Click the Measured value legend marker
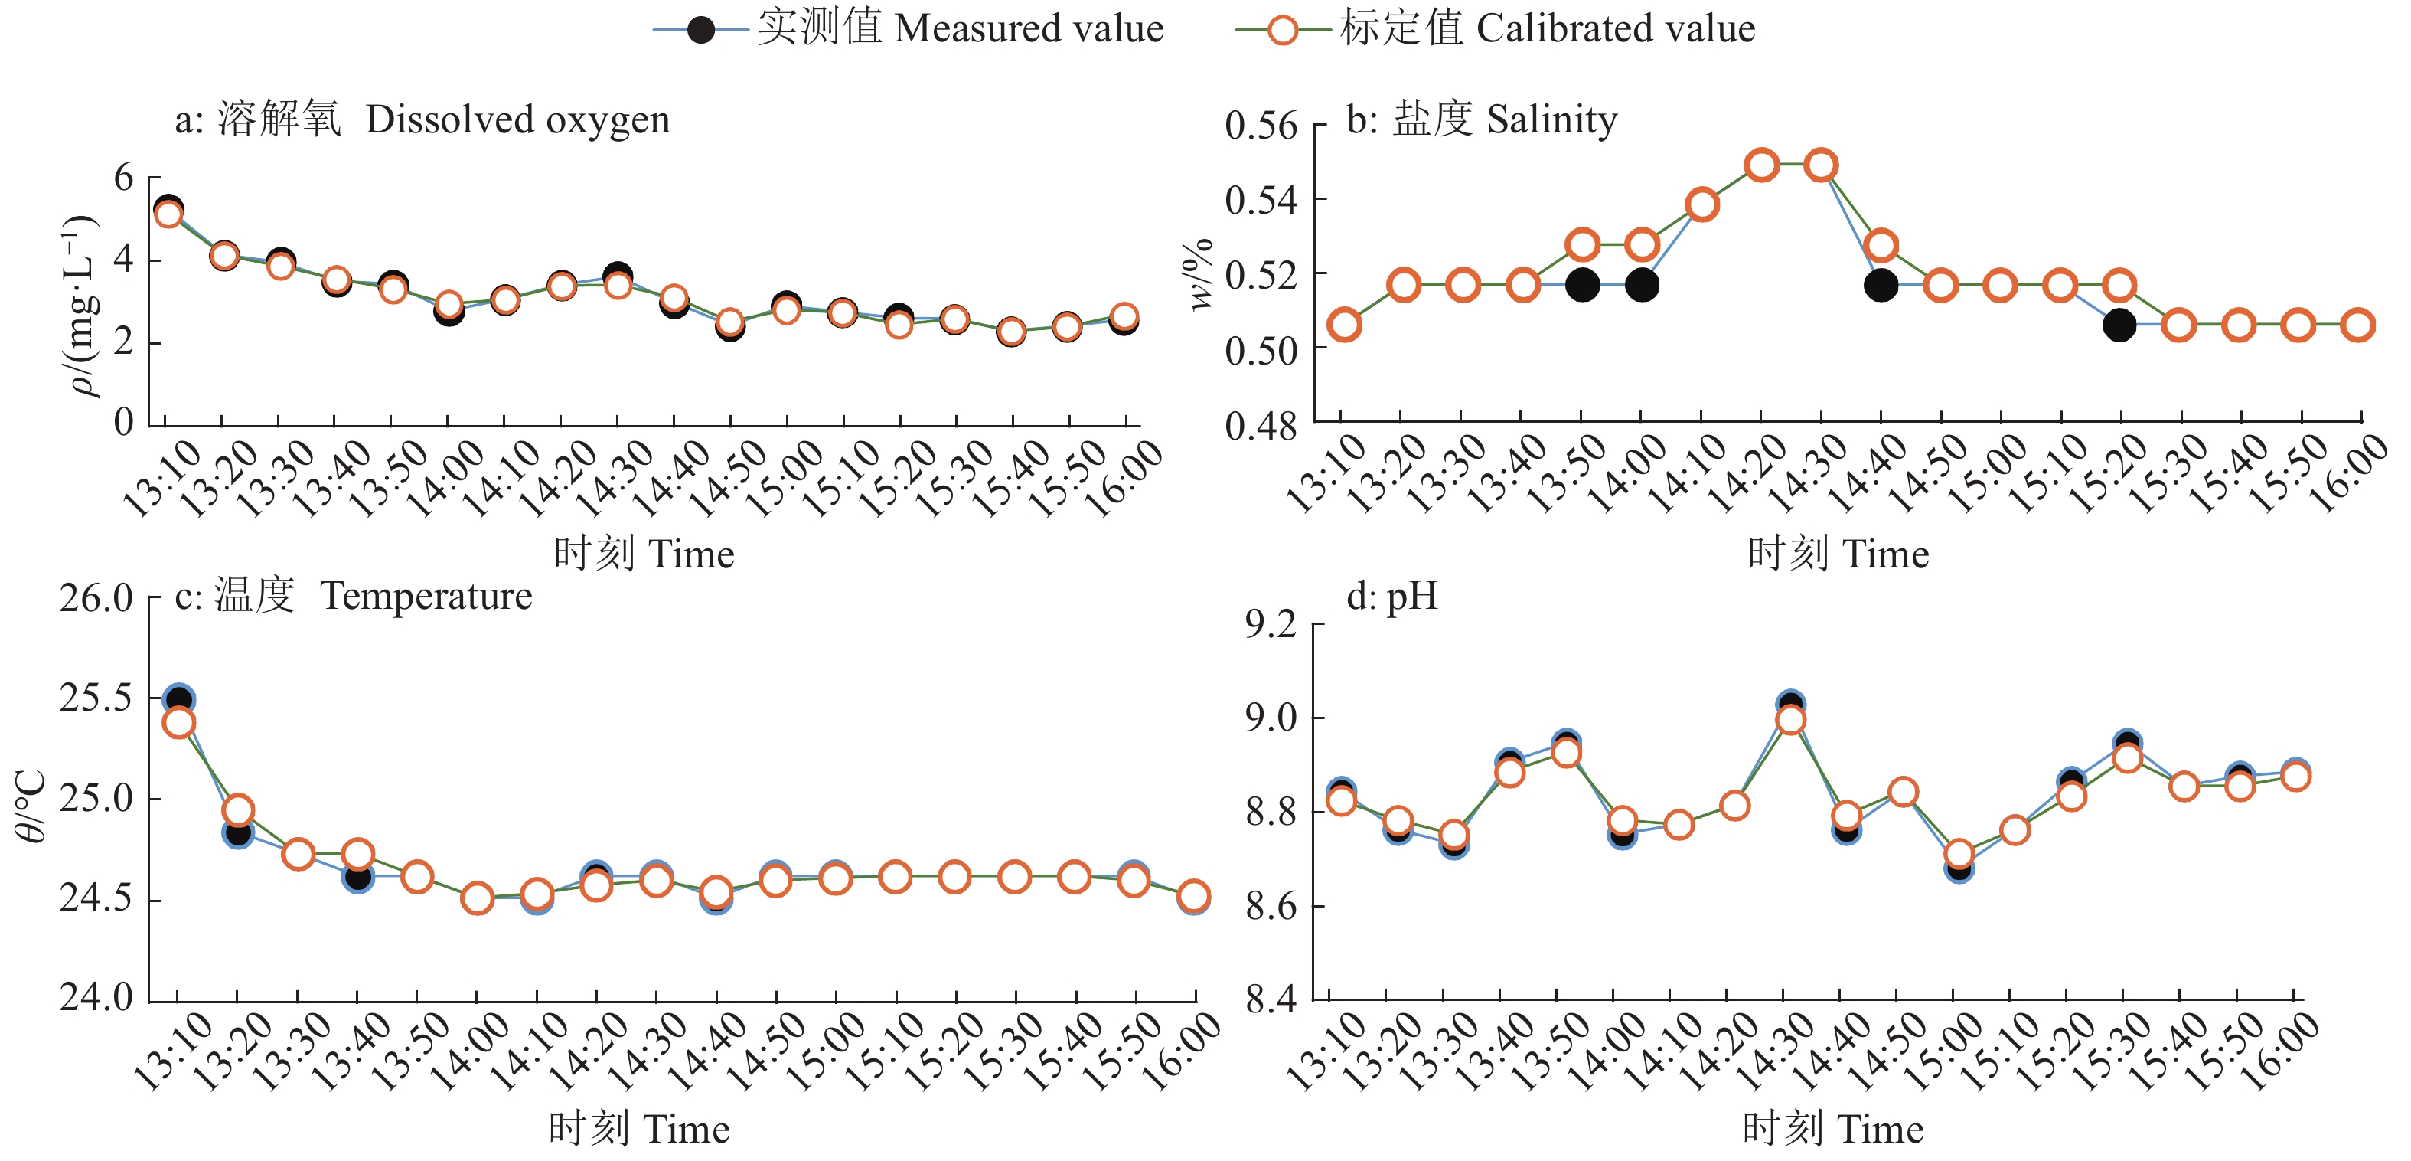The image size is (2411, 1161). tap(701, 30)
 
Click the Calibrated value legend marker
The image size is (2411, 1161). tap(1282, 30)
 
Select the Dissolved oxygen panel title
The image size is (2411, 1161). tap(423, 119)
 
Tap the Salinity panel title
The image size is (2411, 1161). tap(1482, 119)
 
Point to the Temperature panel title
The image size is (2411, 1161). tap(354, 596)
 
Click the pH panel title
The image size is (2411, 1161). tap(1391, 596)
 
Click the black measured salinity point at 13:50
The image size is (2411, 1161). tap(1582, 285)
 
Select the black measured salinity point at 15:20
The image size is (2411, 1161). tap(2119, 325)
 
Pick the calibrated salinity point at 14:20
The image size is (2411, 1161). tap(1761, 165)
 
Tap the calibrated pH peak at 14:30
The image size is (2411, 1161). tap(1790, 720)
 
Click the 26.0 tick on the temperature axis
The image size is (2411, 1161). tap(96, 597)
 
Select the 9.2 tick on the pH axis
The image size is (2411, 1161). tap(1271, 623)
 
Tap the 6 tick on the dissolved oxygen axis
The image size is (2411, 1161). tap(123, 177)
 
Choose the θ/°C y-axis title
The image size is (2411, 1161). tap(30, 805)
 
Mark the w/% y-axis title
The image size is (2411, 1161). tap(1199, 273)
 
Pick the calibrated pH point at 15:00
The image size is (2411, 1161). tap(1959, 854)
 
